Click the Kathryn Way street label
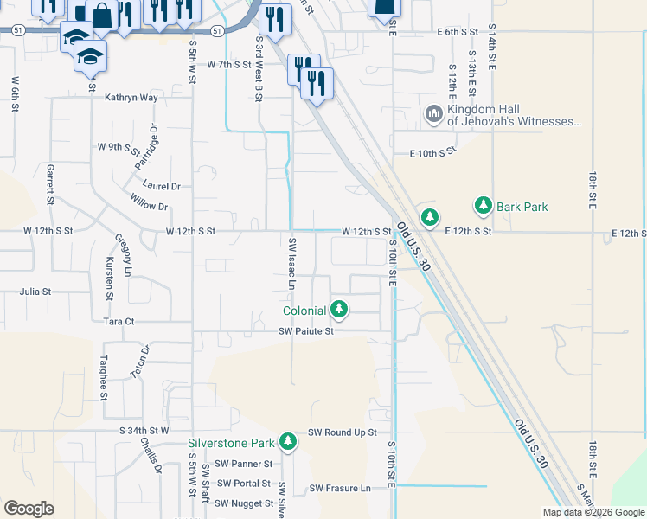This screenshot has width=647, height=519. click(x=131, y=98)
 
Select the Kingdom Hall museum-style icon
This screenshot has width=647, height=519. click(x=434, y=113)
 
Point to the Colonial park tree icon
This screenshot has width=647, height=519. click(x=340, y=309)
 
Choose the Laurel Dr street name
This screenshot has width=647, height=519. click(x=162, y=186)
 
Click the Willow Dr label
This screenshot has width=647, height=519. click(x=149, y=206)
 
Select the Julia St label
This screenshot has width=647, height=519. click(x=36, y=292)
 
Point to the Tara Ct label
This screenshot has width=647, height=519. click(x=119, y=321)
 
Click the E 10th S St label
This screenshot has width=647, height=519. click(x=432, y=153)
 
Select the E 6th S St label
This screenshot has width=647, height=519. click(x=458, y=32)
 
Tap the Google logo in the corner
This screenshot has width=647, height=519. click(x=29, y=509)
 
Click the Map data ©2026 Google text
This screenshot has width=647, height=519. click(x=593, y=512)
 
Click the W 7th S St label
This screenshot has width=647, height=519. click(x=228, y=65)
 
